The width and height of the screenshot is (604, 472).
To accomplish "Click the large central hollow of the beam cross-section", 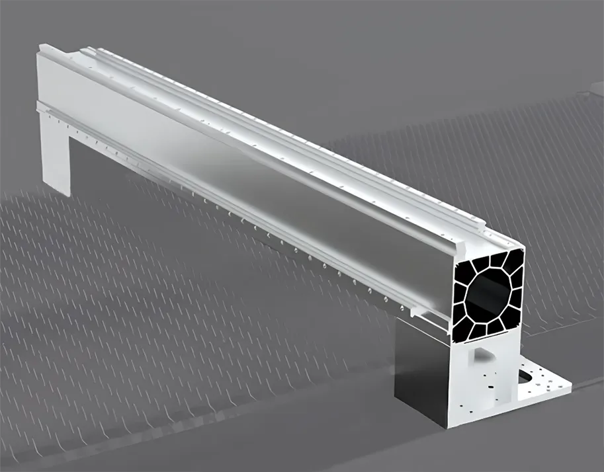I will [489, 292].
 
